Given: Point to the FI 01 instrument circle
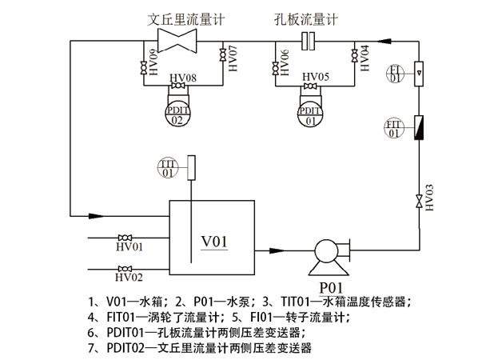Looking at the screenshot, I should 394,74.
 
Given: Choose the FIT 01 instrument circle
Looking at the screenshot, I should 393,128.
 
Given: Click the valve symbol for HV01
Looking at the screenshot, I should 124,238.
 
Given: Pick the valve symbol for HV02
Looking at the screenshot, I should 124,268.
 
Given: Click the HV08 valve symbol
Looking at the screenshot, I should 179,86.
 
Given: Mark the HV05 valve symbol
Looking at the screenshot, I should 309,86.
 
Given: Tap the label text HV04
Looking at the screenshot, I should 365,59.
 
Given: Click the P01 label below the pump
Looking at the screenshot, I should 331,286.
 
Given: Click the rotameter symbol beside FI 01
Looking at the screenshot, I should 418,74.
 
